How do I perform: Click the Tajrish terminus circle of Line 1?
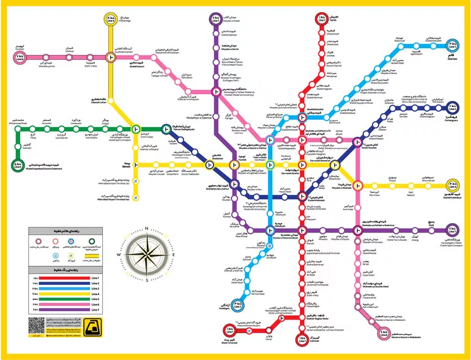[321, 20]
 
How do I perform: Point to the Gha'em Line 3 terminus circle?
[452, 46]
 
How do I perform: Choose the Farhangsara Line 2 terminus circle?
[452, 108]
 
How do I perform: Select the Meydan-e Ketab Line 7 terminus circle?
[215, 20]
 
